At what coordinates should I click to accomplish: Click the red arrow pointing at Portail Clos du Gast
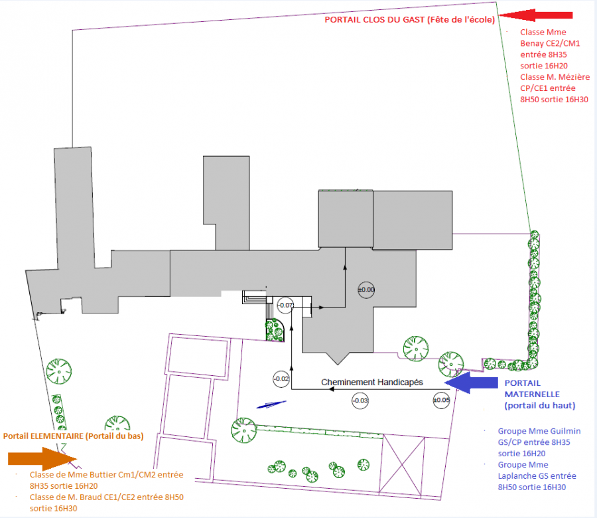535,15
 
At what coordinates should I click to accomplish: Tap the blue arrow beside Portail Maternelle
472,383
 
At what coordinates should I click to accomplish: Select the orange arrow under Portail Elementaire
42,459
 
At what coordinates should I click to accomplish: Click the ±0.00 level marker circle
366,290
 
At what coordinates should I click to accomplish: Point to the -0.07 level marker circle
285,305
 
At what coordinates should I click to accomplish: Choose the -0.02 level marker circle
281,379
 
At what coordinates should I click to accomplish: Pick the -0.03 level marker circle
360,400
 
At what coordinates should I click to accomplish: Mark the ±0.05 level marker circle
441,400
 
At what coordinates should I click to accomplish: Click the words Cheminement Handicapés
372,383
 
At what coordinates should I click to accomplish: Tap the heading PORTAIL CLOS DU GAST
374,20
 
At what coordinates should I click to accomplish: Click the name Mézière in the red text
574,77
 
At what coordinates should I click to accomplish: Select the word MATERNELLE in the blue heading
532,394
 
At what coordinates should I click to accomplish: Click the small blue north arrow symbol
271,405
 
